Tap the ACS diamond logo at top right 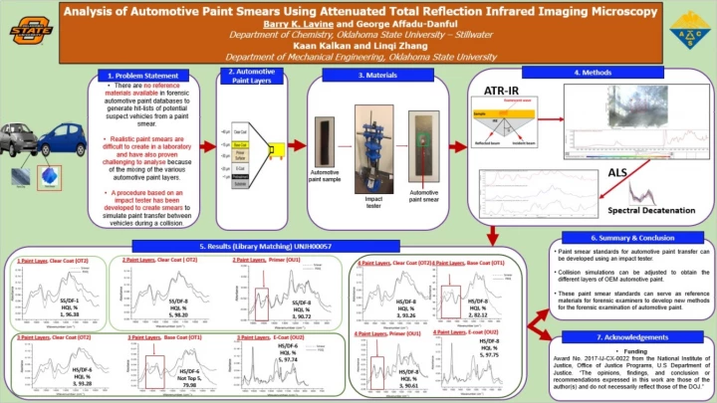click(x=688, y=33)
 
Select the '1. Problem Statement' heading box click(x=143, y=76)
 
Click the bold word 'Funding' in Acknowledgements click(x=627, y=352)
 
